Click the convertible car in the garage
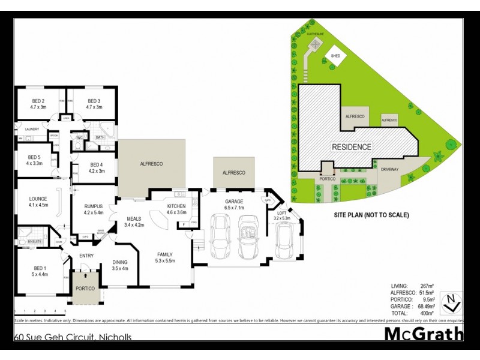click(248, 236)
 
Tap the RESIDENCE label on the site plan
click(352, 146)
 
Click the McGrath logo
click(423, 334)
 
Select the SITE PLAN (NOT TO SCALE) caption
click(371, 214)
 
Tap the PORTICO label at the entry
click(85, 289)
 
